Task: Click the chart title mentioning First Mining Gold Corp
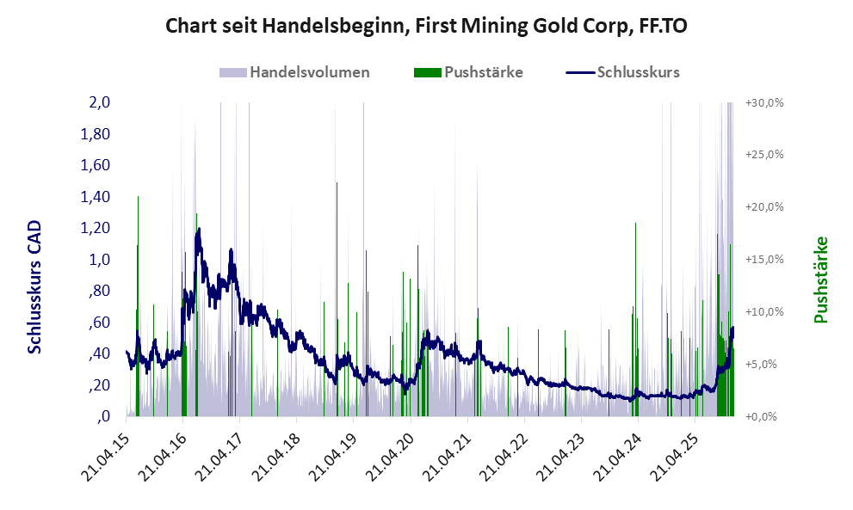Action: [426, 26]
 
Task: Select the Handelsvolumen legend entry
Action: [309, 72]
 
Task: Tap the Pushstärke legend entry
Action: [483, 72]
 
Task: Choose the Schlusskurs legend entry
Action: [638, 72]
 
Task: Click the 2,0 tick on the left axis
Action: [100, 102]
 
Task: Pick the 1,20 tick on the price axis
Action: [96, 228]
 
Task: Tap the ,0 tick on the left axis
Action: [104, 417]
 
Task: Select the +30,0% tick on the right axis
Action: [764, 102]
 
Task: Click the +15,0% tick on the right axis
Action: [764, 260]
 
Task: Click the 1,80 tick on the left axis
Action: [96, 134]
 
